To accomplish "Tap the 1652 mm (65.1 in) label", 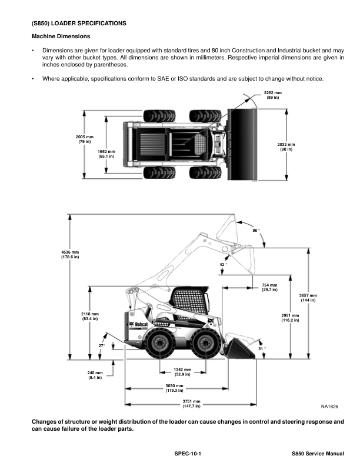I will (x=106, y=154).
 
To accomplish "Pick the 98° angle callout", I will (x=256, y=230).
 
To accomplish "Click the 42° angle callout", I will (x=223, y=265).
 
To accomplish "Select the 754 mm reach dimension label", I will (x=270, y=287).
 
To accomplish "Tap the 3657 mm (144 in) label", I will (x=308, y=298).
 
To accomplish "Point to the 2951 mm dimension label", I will (x=291, y=318).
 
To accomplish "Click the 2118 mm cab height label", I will (x=90, y=317).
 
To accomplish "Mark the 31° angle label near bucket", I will (x=262, y=349).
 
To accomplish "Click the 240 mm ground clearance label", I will (x=95, y=375).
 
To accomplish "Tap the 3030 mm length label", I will (x=174, y=388).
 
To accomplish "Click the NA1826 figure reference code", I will (x=330, y=406).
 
